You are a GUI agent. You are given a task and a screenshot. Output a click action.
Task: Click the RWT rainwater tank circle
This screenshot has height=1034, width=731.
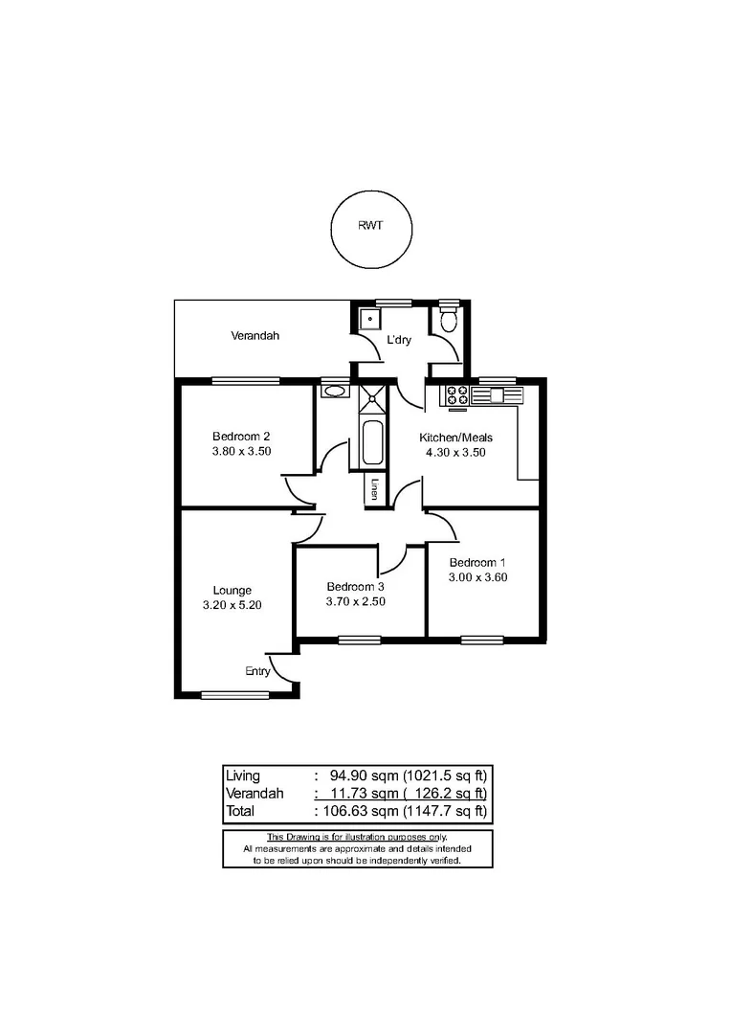pyautogui.click(x=371, y=229)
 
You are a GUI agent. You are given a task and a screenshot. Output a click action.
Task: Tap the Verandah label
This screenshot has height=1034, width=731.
pyautogui.click(x=255, y=336)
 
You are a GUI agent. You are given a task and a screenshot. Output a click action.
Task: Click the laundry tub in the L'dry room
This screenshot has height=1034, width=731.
pyautogui.click(x=368, y=319)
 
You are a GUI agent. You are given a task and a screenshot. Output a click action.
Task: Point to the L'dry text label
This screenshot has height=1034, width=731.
pyautogui.click(x=398, y=340)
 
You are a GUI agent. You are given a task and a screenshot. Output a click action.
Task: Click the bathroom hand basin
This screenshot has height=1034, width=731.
pyautogui.click(x=334, y=391)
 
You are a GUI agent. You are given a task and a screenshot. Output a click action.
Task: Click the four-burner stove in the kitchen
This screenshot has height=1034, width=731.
pyautogui.click(x=455, y=394)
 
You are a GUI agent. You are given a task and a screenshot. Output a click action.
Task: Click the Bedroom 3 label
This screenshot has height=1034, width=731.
pyautogui.click(x=355, y=587)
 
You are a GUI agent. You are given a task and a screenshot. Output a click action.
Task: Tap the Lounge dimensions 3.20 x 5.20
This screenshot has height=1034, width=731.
pyautogui.click(x=233, y=605)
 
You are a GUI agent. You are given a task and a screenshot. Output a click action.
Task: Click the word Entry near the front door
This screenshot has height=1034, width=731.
pyautogui.click(x=256, y=671)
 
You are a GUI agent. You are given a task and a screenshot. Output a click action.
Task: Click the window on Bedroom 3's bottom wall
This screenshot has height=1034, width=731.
pyautogui.click(x=358, y=639)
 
